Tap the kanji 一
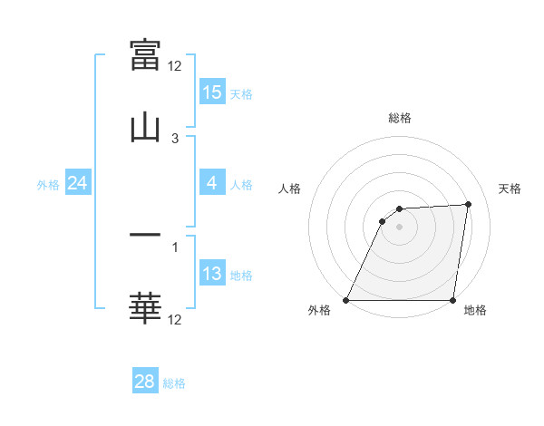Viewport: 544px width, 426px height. point(145,236)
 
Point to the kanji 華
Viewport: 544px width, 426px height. point(145,308)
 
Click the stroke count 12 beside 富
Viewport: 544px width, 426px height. point(175,66)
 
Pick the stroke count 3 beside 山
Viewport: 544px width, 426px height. point(175,139)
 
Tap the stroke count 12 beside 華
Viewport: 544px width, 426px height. point(175,320)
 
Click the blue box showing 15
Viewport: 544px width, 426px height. point(211,92)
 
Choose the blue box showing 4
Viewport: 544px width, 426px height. point(211,183)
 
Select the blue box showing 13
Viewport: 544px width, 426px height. point(211,274)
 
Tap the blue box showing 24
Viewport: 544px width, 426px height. point(77,183)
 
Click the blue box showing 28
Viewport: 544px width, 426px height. point(145,382)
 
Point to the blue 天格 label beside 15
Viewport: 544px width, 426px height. point(241,93)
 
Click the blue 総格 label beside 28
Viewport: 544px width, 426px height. point(174,383)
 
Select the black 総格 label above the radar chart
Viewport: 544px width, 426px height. point(400,118)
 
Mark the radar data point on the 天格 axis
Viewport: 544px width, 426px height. point(468,205)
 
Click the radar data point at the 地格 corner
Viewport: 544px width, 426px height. point(452,300)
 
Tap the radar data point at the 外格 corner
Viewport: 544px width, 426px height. point(346,300)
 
